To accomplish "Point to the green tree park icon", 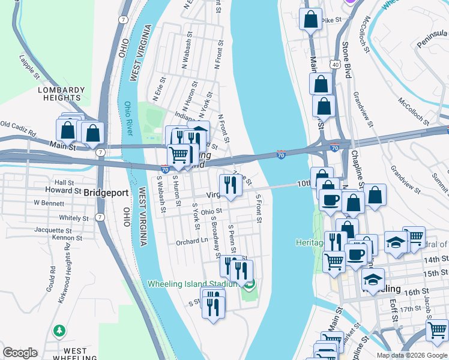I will pyautogui.click(x=59, y=331).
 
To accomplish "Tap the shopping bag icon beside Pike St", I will pyautogui.click(x=310, y=19).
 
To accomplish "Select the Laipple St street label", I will pyautogui.click(x=29, y=67).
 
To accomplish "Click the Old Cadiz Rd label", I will pyautogui.click(x=18, y=125).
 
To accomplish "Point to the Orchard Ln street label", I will pyautogui.click(x=191, y=242).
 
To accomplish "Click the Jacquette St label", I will pyautogui.click(x=53, y=230).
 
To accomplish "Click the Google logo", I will pyautogui.click(x=20, y=353).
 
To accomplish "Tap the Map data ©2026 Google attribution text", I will pyautogui.click(x=412, y=355).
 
